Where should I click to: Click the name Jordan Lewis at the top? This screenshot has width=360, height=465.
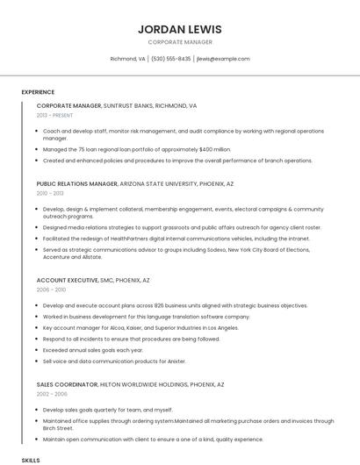point(180,29)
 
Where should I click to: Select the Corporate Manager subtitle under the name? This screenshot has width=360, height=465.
point(180,42)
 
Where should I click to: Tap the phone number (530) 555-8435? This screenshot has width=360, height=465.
point(171,59)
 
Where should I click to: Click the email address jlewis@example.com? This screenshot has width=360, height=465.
point(223,59)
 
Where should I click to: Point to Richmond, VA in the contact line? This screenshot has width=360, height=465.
point(128,59)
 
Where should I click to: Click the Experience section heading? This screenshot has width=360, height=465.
point(38,92)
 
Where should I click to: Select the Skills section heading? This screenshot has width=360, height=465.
point(31,460)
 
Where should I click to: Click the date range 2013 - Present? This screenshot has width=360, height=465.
point(54,115)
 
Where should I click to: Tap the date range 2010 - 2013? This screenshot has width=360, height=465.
point(50,193)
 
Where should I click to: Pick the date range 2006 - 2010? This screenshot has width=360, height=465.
point(51,289)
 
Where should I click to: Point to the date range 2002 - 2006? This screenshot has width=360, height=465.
point(51,394)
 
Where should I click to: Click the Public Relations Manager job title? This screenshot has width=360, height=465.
point(77,184)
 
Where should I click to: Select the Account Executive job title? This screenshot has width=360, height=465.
point(67,280)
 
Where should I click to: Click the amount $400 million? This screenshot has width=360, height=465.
point(215,149)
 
